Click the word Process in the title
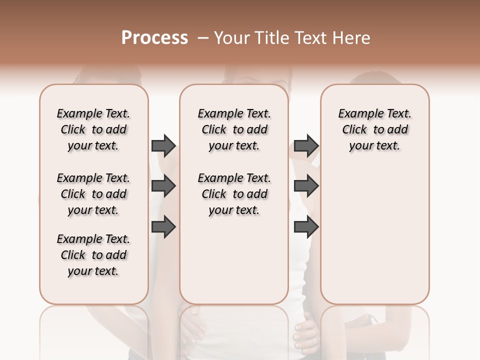click(x=154, y=38)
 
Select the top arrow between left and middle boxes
click(x=163, y=145)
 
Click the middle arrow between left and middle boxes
click(x=163, y=186)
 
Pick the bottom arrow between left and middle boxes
click(x=163, y=227)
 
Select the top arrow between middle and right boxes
click(x=306, y=145)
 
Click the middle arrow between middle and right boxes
click(x=306, y=186)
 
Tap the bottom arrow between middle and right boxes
click(x=306, y=227)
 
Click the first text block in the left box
click(x=93, y=129)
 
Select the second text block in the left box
click(x=93, y=194)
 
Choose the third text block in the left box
click(x=93, y=255)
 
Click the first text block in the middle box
click(x=234, y=129)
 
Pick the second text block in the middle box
click(x=234, y=194)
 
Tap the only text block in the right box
click(x=374, y=129)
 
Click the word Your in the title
click(x=231, y=38)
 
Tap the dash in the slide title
click(x=203, y=38)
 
